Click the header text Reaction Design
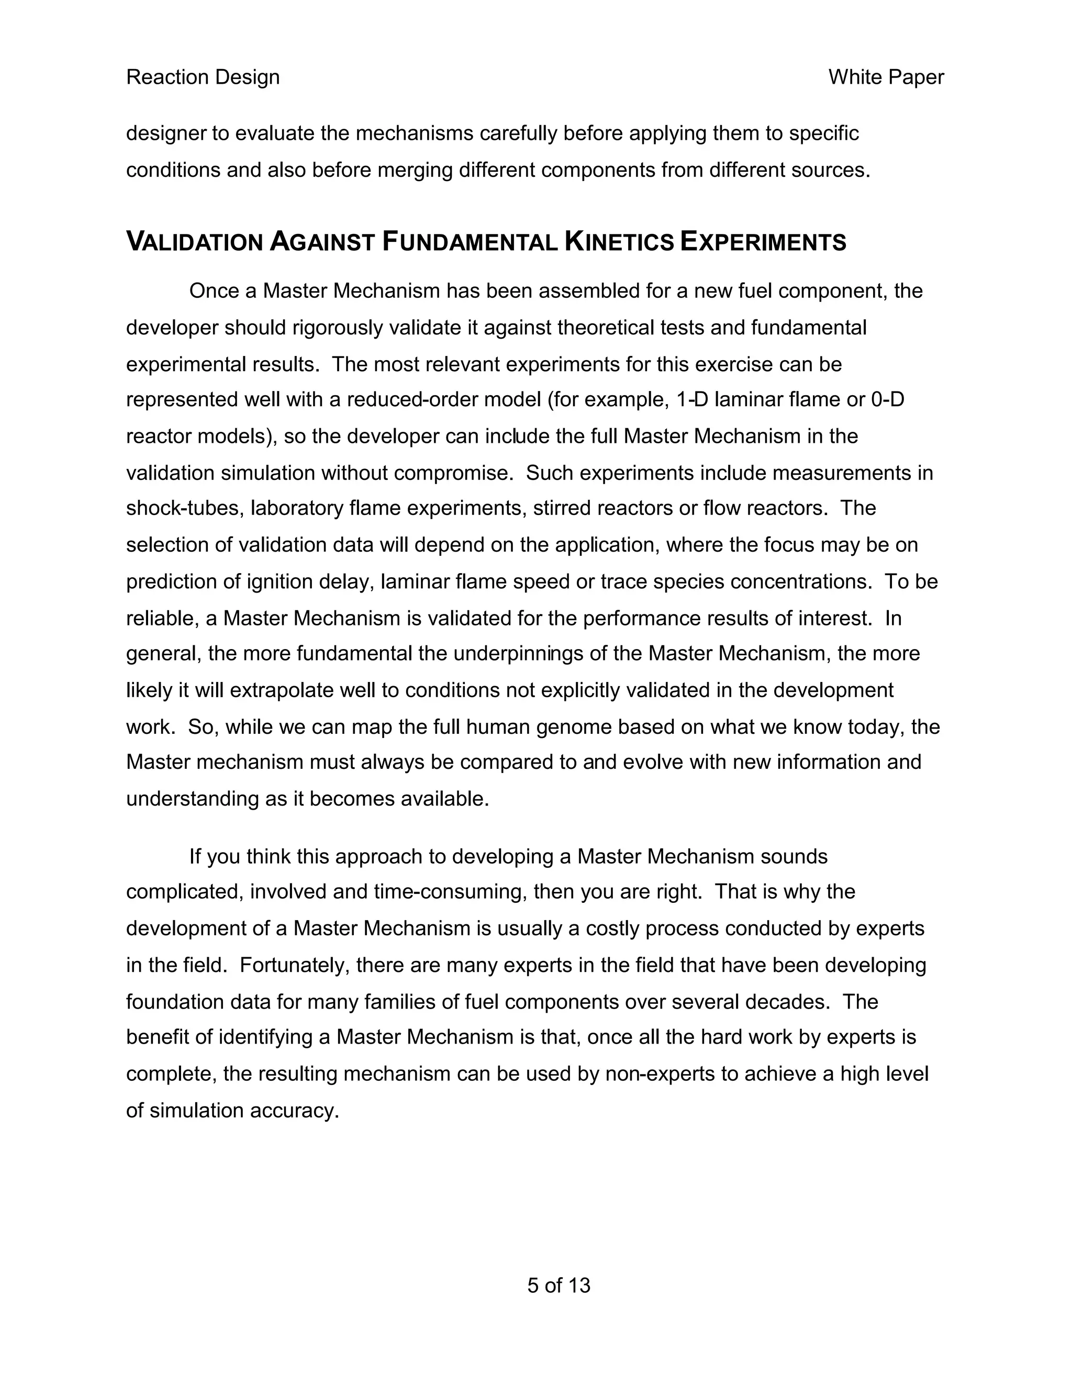click(x=203, y=77)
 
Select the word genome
click(x=575, y=726)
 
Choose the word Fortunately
click(x=294, y=965)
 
